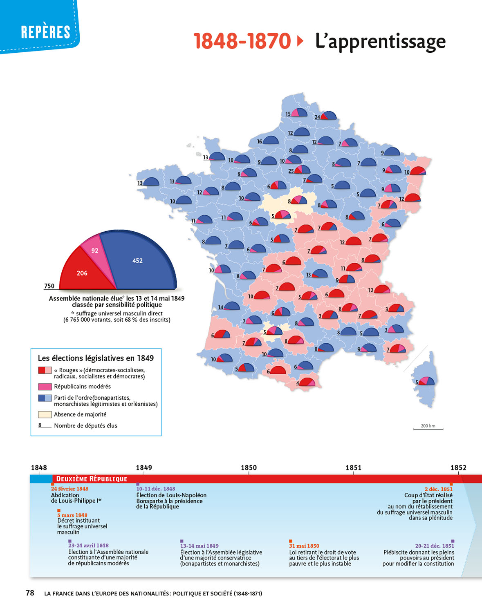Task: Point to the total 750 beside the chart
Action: pyautogui.click(x=49, y=286)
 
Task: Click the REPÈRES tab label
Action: pyautogui.click(x=45, y=32)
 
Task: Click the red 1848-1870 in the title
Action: pyautogui.click(x=242, y=41)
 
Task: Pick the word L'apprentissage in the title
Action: pyautogui.click(x=380, y=41)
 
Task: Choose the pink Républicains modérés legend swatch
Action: pyautogui.click(x=45, y=387)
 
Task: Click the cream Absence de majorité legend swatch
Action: pyautogui.click(x=45, y=414)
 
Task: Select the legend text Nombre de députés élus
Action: pyautogui.click(x=85, y=426)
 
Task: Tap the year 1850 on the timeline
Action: pyautogui.click(x=249, y=468)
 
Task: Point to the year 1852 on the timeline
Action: pyautogui.click(x=458, y=468)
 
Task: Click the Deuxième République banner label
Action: pyautogui.click(x=92, y=479)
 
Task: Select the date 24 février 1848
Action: pyautogui.click(x=69, y=489)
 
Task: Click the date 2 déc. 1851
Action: pyautogui.click(x=438, y=489)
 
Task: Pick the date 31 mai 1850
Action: pyautogui.click(x=304, y=546)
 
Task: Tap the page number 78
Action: pyautogui.click(x=30, y=593)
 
